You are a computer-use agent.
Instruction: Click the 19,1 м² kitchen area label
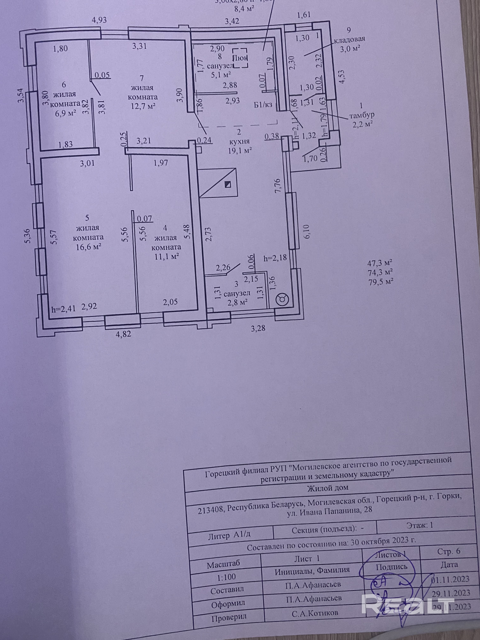point(239,151)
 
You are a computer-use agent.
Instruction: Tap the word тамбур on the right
point(362,115)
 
